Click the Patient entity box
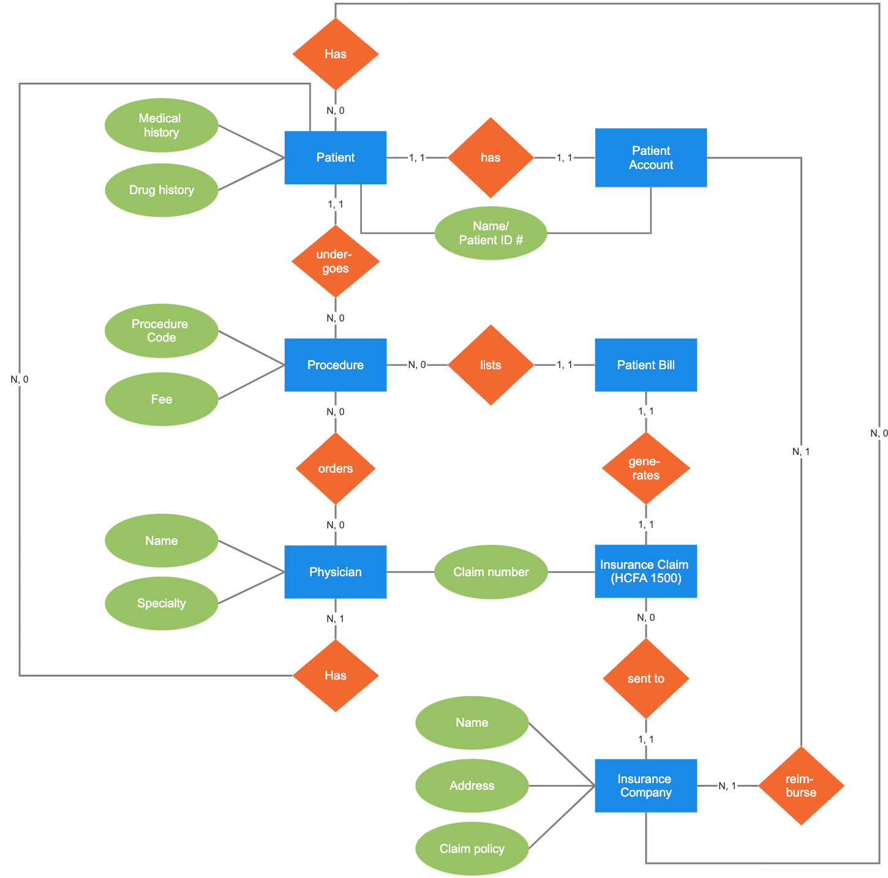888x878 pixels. click(x=335, y=157)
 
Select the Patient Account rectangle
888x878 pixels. click(x=650, y=157)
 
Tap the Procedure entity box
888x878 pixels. click(x=335, y=365)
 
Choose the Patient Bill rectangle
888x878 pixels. click(x=645, y=365)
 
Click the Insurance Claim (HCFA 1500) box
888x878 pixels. click(x=645, y=571)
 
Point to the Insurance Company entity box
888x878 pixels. click(x=645, y=786)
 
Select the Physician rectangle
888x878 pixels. click(x=335, y=572)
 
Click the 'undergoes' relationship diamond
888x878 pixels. click(x=336, y=261)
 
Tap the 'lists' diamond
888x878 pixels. click(x=491, y=365)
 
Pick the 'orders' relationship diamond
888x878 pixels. click(x=336, y=468)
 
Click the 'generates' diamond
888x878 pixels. click(x=646, y=468)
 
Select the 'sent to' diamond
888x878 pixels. click(x=646, y=678)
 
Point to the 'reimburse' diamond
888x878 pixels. click(x=801, y=786)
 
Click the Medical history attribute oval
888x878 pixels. click(x=161, y=125)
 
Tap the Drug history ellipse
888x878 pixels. click(x=161, y=190)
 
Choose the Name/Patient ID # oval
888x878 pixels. click(x=491, y=233)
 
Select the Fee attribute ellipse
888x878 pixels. click(x=161, y=399)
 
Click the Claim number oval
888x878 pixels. click(x=491, y=572)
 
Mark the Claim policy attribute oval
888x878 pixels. click(x=472, y=849)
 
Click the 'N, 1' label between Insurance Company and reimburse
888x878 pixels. click(x=727, y=786)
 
